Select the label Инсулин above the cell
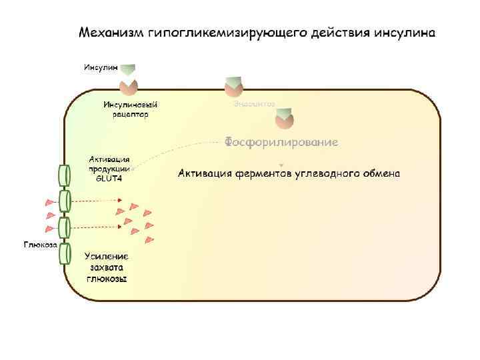click(99, 67)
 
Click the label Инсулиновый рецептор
click(126, 109)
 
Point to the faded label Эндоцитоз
click(254, 104)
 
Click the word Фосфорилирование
click(281, 142)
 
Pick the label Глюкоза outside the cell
click(40, 244)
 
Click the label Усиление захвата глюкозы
click(107, 267)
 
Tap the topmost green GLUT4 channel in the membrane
click(64, 175)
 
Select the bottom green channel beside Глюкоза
click(64, 253)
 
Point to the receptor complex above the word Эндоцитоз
click(234, 86)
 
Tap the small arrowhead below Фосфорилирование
click(281, 164)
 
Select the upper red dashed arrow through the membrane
click(97, 201)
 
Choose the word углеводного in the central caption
click(326, 174)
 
